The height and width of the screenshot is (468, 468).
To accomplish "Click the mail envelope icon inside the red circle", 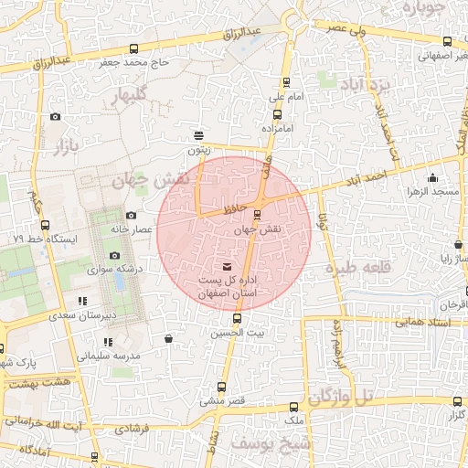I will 228,266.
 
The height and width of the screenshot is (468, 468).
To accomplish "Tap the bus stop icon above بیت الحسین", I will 238,319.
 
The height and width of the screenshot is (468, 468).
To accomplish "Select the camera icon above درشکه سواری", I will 114,256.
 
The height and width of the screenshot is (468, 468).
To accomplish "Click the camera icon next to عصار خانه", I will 131,216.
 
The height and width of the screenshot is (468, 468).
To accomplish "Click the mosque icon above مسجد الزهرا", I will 432,178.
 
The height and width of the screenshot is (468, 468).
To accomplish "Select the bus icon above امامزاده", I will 277,114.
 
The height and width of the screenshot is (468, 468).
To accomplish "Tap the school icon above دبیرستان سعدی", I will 82,301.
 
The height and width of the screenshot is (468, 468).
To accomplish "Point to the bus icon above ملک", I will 292,407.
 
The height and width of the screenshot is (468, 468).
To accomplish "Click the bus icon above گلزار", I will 457,401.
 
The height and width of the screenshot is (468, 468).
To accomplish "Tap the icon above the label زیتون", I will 199,133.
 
